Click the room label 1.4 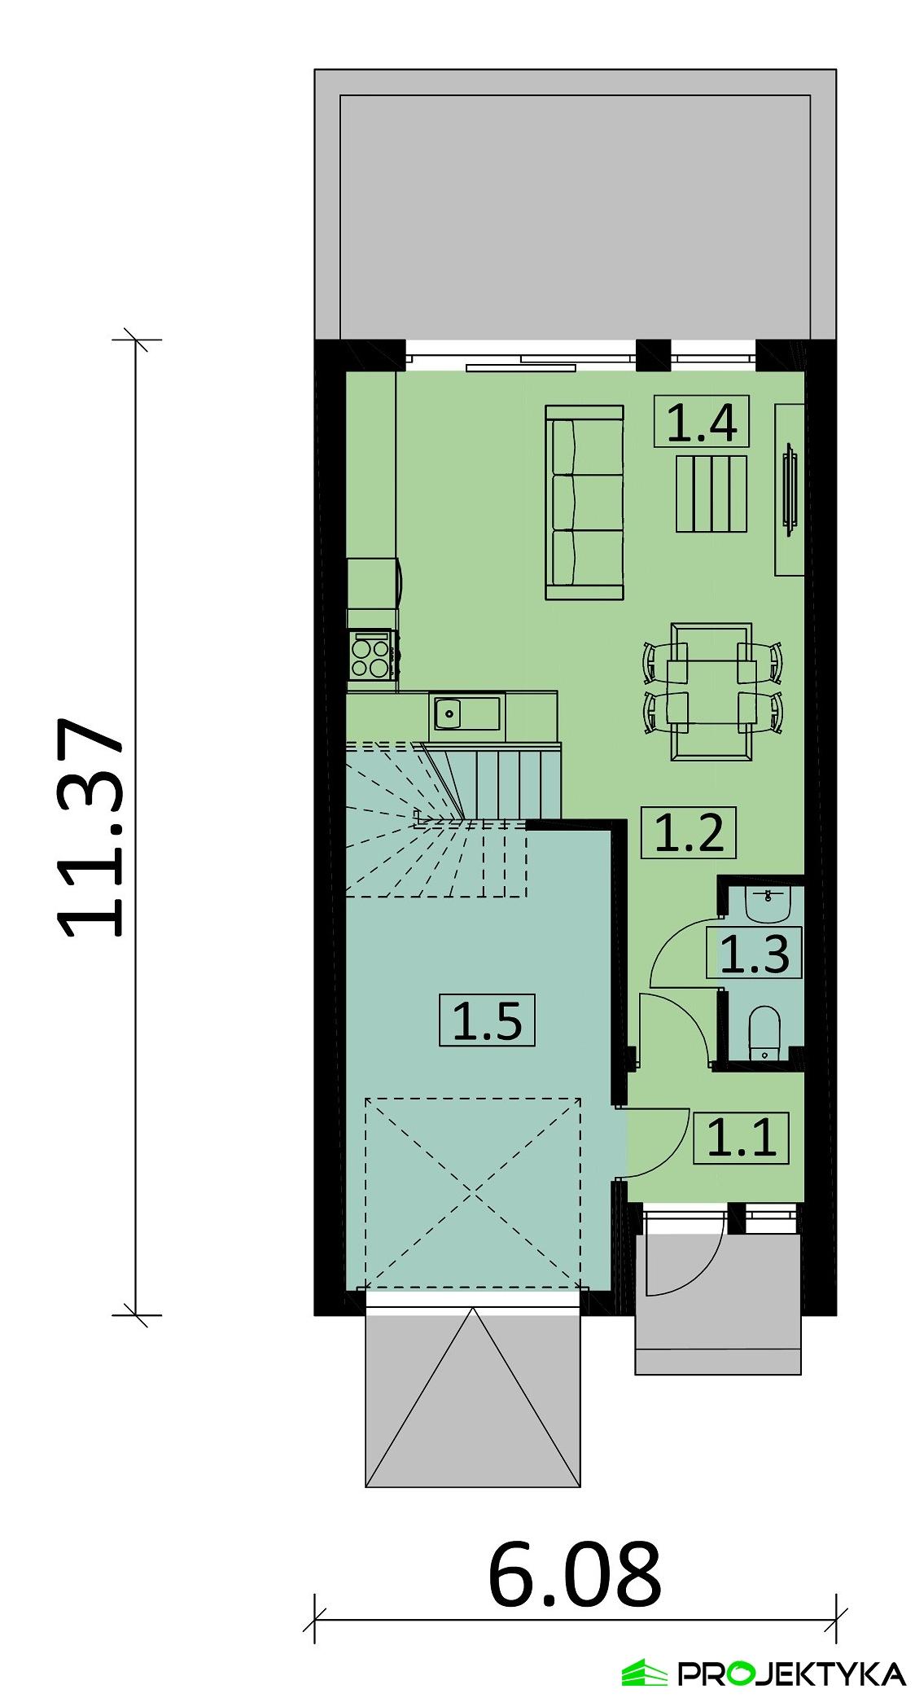click(x=701, y=423)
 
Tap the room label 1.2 click(x=689, y=832)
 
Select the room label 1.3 click(x=754, y=954)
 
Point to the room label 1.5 click(x=486, y=1020)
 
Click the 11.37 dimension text click(x=91, y=827)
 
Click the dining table click(x=711, y=691)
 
